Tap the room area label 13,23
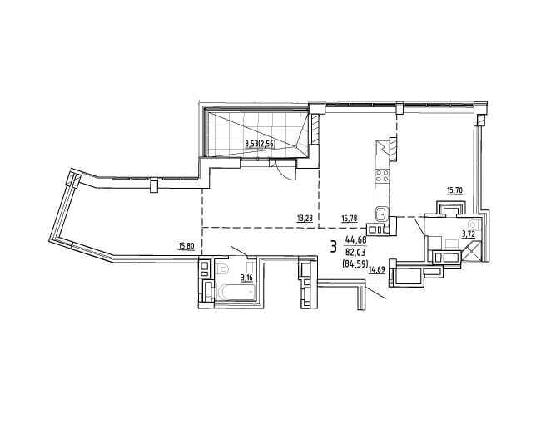305,219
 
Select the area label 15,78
350,219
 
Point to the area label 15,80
186,247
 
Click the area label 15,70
454,190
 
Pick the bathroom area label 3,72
469,235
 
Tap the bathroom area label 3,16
247,278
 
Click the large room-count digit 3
334,247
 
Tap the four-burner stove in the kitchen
382,175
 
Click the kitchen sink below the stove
382,214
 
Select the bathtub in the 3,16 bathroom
236,292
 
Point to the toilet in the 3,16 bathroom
222,268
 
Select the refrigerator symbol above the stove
382,149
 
